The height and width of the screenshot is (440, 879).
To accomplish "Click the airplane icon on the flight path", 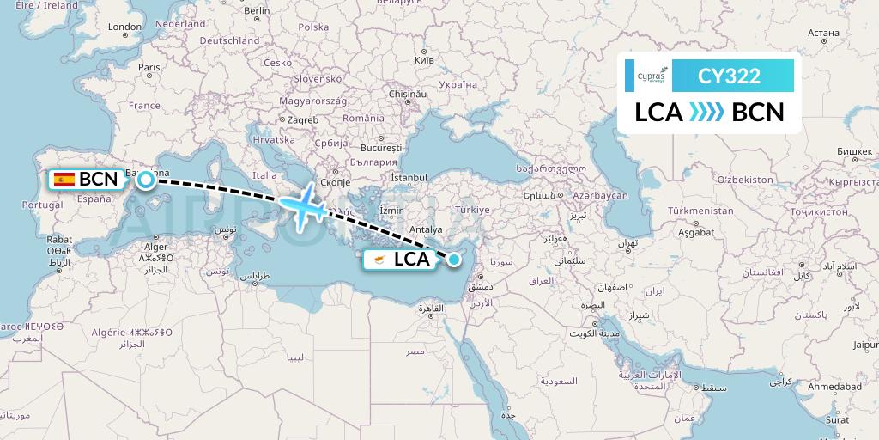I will pyautogui.click(x=301, y=205).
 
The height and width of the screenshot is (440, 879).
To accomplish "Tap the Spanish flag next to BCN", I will pyautogui.click(x=63, y=180).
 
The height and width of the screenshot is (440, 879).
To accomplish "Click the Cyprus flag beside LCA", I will pyautogui.click(x=377, y=259).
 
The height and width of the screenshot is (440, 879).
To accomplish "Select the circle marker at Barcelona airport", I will pyautogui.click(x=146, y=179).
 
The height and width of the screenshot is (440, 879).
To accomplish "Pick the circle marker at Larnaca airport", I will pyautogui.click(x=454, y=259).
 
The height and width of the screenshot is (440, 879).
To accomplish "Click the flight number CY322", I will pyautogui.click(x=729, y=76).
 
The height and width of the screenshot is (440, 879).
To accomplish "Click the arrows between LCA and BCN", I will pyautogui.click(x=707, y=113).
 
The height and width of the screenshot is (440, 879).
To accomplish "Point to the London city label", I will pyautogui.click(x=124, y=27).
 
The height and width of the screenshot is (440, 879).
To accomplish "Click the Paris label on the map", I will pyautogui.click(x=149, y=67).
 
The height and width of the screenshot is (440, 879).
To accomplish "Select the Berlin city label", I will pyautogui.click(x=257, y=11).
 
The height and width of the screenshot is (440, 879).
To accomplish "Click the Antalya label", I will pyautogui.click(x=427, y=229).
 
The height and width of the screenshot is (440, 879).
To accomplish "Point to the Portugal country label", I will pyautogui.click(x=43, y=205).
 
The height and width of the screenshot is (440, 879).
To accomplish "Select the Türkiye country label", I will pyautogui.click(x=472, y=210).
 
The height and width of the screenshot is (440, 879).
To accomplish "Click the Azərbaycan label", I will pyautogui.click(x=601, y=196).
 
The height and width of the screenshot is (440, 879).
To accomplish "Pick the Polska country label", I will pyautogui.click(x=314, y=27).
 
